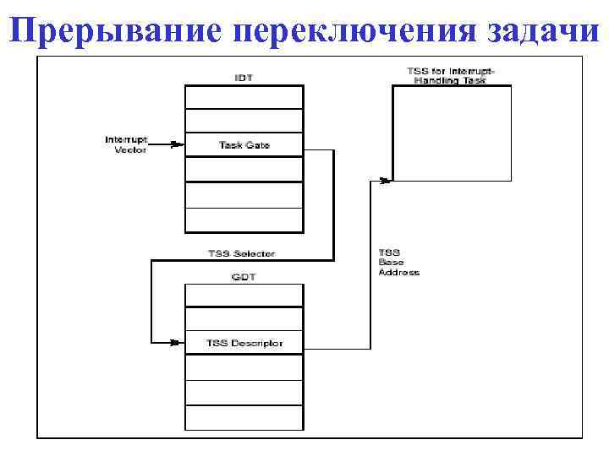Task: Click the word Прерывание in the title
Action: click(118, 31)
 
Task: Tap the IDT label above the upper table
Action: click(244, 78)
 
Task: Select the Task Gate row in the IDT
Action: click(244, 145)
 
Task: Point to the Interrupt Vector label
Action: click(126, 144)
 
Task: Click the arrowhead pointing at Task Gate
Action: click(178, 144)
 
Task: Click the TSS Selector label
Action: click(241, 253)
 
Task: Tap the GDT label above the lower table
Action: click(244, 275)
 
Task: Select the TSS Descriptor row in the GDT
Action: click(244, 343)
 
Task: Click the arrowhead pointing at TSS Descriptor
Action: click(176, 342)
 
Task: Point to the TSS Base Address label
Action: click(398, 263)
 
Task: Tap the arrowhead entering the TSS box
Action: click(387, 179)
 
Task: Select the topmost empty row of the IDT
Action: click(244, 96)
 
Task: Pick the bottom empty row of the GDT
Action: click(244, 417)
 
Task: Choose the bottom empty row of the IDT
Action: click(244, 220)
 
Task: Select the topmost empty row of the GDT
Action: click(244, 295)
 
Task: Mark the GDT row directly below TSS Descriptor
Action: click(244, 367)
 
